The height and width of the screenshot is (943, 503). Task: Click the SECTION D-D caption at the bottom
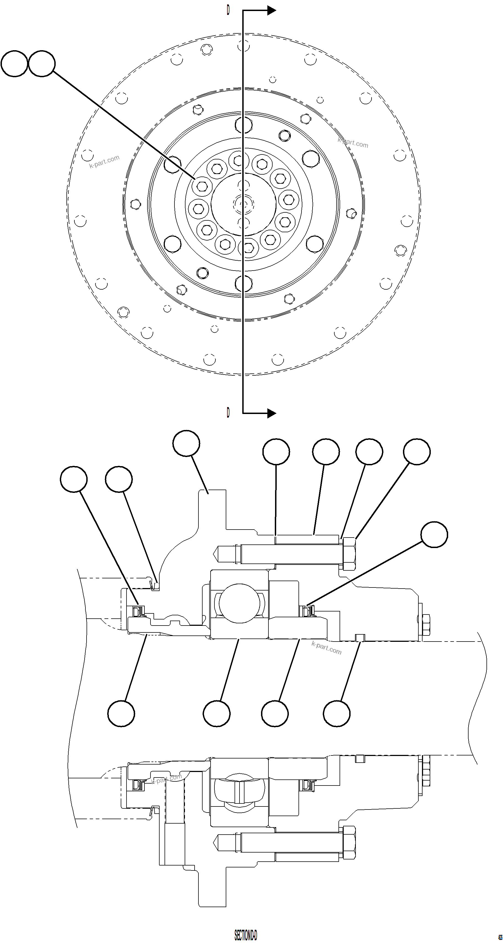246,933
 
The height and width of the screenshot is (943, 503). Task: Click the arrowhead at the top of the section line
271,10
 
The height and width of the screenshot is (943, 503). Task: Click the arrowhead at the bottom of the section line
271,413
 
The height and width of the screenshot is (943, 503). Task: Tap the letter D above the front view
228,10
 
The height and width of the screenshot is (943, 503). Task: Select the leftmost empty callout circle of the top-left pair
14,64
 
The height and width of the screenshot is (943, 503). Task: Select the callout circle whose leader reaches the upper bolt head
417,452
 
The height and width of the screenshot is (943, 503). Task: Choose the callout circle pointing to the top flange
186,443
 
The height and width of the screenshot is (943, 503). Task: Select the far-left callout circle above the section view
74,479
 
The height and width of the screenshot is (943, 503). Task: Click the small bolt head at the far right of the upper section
426,625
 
